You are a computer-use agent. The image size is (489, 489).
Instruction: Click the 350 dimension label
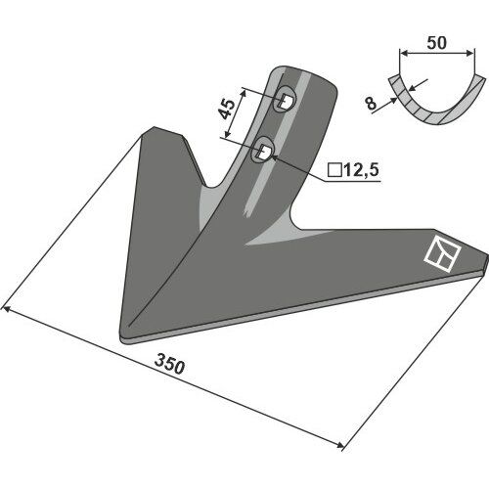pyautogui.click(x=170, y=364)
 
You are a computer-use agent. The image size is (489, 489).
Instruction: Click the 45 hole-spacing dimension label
pyautogui.click(x=227, y=109)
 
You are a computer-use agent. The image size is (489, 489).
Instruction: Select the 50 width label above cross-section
pyautogui.click(x=436, y=43)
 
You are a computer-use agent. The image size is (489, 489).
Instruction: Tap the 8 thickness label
pyautogui.click(x=371, y=104)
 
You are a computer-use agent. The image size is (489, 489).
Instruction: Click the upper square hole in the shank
pyautogui.click(x=286, y=101)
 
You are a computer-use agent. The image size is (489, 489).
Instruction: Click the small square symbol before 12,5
pyautogui.click(x=334, y=170)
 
